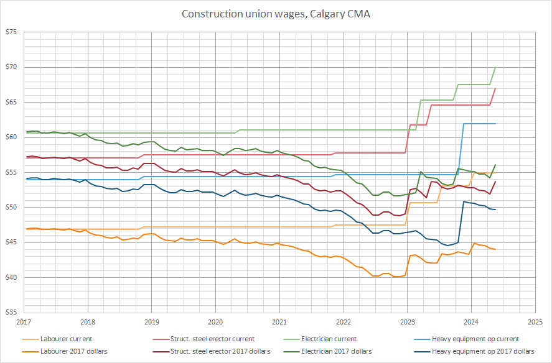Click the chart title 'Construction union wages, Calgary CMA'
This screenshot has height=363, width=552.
[276, 14]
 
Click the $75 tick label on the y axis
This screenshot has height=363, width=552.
[11, 32]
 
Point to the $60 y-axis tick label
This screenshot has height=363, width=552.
[11, 137]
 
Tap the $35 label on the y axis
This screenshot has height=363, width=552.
[11, 312]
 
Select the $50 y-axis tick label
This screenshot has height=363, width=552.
[11, 207]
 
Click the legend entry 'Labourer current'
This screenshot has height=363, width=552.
[65, 339]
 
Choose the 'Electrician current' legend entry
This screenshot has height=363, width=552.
[329, 339]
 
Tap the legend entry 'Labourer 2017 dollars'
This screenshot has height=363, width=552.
[73, 351]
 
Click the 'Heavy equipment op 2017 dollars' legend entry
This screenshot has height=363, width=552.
[482, 351]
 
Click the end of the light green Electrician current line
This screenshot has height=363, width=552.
[495, 67]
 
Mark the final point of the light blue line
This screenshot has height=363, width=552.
[495, 124]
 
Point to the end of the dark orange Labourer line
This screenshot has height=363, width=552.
[495, 249]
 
